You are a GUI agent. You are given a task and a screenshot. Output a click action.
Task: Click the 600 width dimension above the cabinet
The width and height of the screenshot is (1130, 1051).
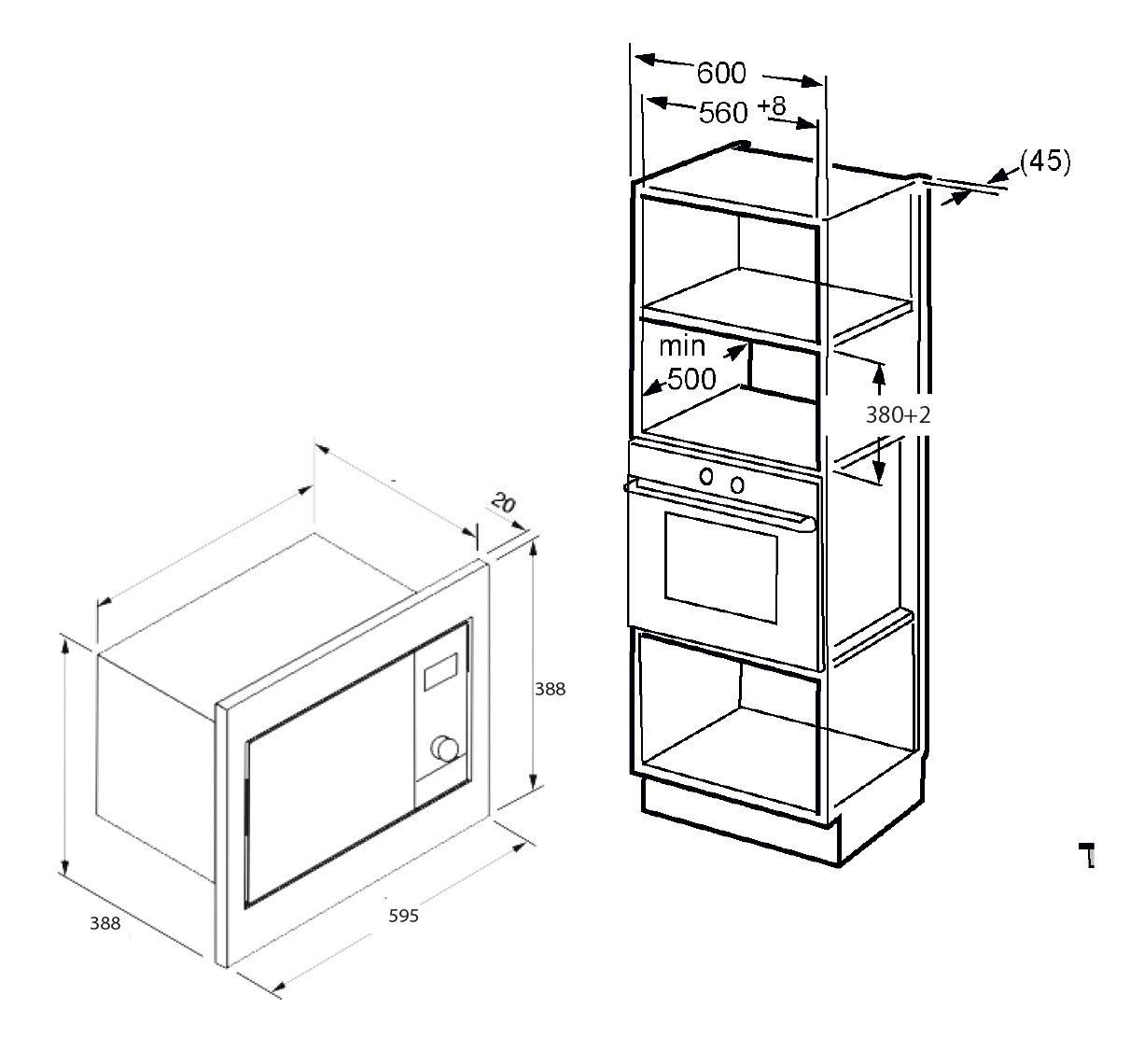pos(721,74)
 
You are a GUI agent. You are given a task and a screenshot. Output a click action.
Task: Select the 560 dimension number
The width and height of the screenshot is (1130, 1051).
pos(722,113)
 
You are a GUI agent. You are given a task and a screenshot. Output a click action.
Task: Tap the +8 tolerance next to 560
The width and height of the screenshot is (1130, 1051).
pos(772,105)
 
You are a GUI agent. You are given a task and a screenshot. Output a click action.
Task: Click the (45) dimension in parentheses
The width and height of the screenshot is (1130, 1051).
pos(1045,161)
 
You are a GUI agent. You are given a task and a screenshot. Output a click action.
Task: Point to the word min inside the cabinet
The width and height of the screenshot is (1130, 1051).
pos(682,345)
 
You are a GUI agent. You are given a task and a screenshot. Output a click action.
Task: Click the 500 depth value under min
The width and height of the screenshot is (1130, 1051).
pos(691,379)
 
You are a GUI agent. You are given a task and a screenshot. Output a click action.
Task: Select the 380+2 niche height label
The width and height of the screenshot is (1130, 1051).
pos(898,415)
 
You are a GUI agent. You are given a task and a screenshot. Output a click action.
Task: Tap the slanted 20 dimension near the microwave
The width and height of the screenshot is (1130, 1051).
pos(504,502)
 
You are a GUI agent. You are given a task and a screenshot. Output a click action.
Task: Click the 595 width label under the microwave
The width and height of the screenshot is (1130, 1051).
pos(403,916)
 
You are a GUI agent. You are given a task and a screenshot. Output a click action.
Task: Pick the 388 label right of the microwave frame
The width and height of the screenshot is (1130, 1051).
pos(550,689)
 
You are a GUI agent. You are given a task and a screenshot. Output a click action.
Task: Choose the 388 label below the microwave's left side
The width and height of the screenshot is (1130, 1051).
pos(105,923)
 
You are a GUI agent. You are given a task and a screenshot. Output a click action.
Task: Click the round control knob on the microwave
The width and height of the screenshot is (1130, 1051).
pos(445,749)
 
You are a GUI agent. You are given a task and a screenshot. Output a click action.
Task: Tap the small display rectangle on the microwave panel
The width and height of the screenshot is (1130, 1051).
pos(440,672)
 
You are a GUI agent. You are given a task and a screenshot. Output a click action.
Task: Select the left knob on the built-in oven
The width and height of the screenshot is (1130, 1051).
pos(706,476)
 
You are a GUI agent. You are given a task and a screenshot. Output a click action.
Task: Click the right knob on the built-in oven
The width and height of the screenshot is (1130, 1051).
pos(737,485)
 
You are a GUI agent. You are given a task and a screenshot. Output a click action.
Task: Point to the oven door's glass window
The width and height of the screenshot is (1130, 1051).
pos(721,568)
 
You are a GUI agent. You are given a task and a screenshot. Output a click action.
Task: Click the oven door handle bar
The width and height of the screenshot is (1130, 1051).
pos(719,505)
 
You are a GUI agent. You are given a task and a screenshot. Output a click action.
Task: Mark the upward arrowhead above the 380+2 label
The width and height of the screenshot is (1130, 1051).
pos(879,376)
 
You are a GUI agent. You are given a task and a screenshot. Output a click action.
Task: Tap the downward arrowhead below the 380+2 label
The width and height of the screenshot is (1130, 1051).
pos(879,471)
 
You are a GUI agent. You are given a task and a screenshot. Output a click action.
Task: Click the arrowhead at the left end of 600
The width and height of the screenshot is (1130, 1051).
pos(647,59)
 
